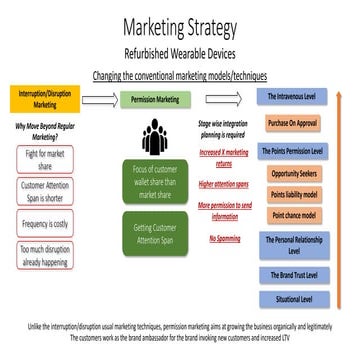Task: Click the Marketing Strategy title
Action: pos(180,28)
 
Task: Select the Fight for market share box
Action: pos(46,156)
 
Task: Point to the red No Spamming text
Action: pos(225,238)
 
